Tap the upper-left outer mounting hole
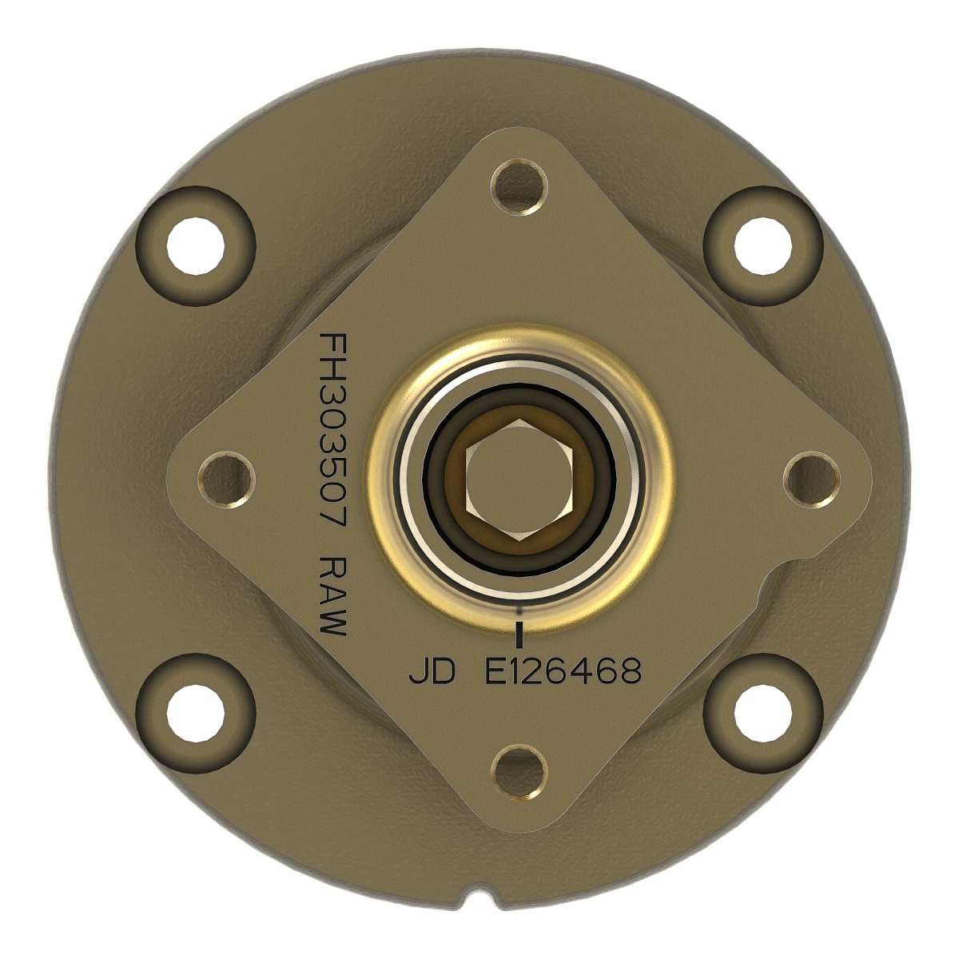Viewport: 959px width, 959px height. (196, 244)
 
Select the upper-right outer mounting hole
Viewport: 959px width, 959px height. (763, 244)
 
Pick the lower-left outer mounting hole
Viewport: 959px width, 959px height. (196, 711)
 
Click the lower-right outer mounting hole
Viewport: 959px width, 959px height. (763, 711)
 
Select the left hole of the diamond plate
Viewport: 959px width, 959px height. (227, 479)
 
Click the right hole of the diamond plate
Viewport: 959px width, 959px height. (812, 479)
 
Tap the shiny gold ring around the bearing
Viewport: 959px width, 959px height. (519, 352)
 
